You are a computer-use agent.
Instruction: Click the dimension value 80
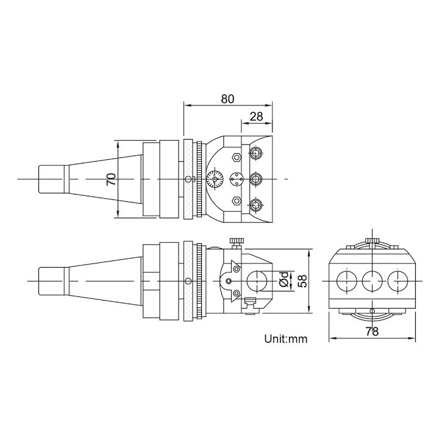click(227, 98)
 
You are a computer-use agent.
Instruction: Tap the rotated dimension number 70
click(110, 179)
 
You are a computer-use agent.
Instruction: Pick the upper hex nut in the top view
click(235, 157)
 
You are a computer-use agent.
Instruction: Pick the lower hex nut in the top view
click(235, 200)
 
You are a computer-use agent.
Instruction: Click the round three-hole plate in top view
click(235, 179)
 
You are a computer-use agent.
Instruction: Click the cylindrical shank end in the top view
click(51, 179)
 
